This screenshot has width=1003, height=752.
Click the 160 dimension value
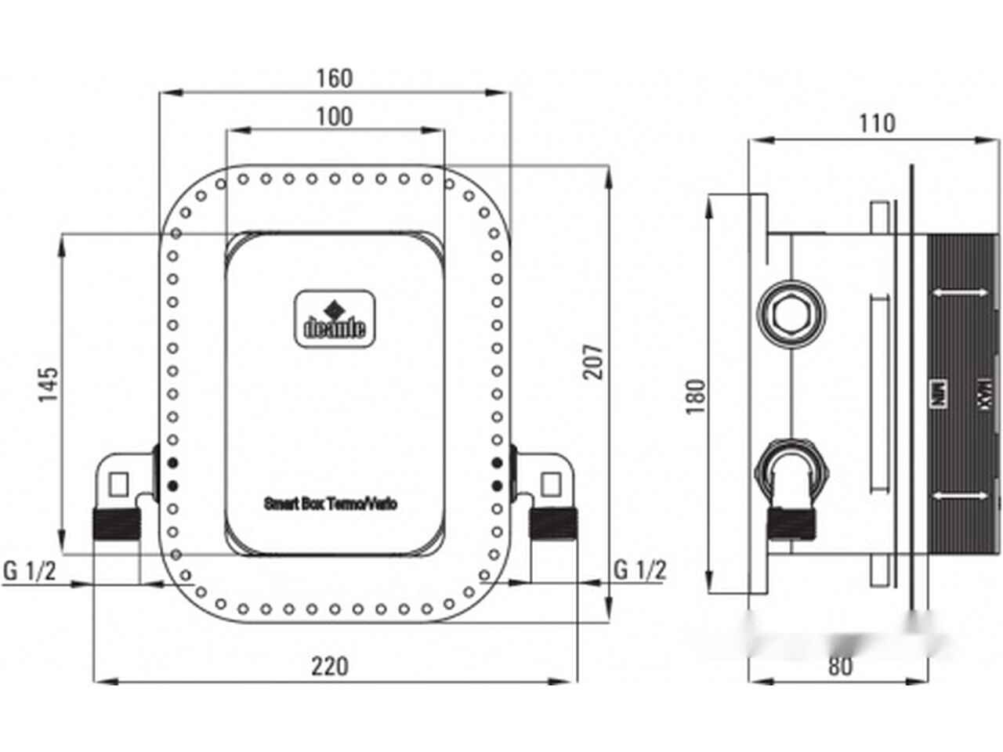click(335, 78)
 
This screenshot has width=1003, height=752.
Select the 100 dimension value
click(335, 117)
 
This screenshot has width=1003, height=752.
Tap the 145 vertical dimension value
click(49, 384)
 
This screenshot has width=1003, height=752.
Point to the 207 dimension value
click(596, 361)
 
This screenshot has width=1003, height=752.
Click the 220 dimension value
click(329, 667)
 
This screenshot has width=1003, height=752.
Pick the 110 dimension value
click(876, 124)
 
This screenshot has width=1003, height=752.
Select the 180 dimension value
click(696, 396)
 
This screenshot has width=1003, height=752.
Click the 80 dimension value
click(839, 667)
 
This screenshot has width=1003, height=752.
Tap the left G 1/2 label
click(30, 570)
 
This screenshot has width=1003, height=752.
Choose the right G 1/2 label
click(639, 569)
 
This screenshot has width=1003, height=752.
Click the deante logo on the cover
click(335, 318)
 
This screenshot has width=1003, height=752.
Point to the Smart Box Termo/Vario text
click(330, 504)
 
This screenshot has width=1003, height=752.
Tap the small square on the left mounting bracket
click(118, 485)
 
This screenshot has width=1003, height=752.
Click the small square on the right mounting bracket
click(551, 485)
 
